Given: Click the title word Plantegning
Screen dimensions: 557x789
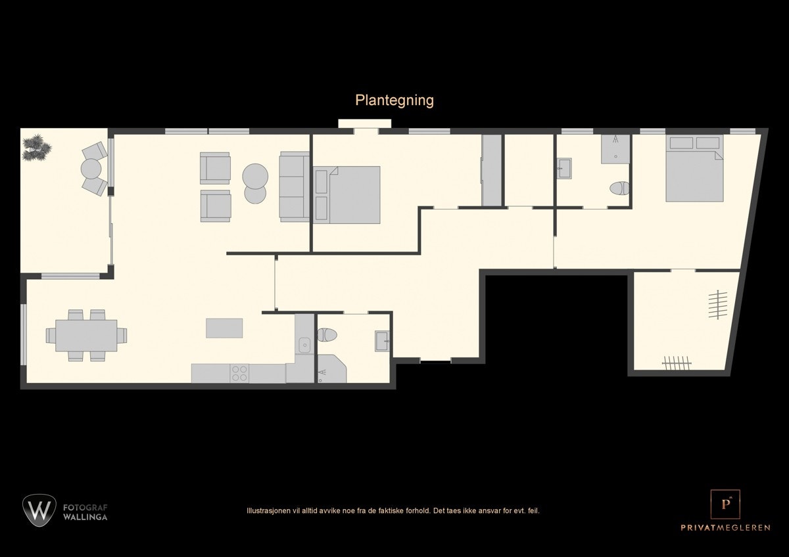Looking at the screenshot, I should click(x=394, y=100).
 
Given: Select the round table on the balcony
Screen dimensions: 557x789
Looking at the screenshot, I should click(x=91, y=169).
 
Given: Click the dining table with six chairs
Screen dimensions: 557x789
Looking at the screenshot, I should click(x=86, y=336).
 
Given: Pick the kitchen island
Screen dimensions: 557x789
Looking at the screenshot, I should click(x=224, y=328).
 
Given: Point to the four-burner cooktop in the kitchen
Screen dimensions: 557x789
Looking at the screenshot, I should click(x=239, y=373).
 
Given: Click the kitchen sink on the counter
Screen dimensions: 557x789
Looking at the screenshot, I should click(x=304, y=344).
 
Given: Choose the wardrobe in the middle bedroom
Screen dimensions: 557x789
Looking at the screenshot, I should click(x=491, y=171).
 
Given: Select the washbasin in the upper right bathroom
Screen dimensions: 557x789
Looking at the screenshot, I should click(x=563, y=168).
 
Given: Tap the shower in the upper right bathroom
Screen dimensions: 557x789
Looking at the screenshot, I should click(x=615, y=149).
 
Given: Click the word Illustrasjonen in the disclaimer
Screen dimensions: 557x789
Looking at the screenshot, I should click(x=266, y=510).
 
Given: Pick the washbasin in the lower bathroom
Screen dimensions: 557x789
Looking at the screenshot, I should click(x=382, y=341).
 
